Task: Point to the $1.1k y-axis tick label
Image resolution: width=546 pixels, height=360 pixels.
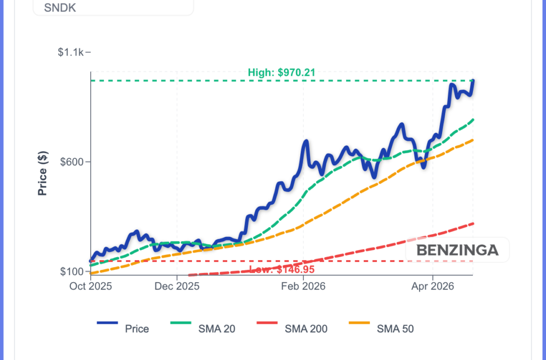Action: [71, 52]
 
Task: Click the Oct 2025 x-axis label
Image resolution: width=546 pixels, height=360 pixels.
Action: [91, 286]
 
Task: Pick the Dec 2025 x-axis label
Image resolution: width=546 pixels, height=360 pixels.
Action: [177, 286]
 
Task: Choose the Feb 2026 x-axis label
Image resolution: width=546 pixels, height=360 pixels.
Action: [303, 286]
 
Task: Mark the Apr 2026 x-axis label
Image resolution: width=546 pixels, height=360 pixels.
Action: [432, 286]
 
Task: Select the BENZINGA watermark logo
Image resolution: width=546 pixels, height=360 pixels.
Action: [457, 250]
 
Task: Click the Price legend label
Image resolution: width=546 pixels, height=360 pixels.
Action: [137, 329]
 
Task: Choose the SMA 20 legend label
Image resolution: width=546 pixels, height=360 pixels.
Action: [217, 329]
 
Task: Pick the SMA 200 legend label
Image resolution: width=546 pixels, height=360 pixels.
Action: [306, 329]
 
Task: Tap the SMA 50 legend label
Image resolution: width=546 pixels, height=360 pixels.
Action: [395, 329]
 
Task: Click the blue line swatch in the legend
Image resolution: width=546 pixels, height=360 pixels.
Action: [107, 323]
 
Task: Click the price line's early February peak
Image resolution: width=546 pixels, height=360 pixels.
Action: [306, 141]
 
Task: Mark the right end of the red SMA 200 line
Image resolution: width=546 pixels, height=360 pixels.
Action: [473, 223]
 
